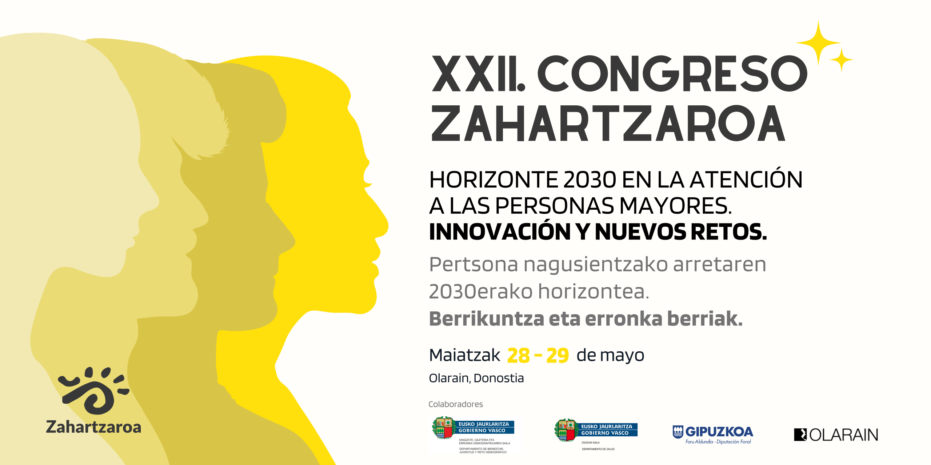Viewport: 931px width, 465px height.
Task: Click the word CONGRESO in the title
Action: tap(672, 74)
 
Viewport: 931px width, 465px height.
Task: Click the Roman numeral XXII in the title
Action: tap(478, 74)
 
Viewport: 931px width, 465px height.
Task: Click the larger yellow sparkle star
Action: tap(818, 43)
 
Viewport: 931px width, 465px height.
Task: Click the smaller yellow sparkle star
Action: tap(841, 59)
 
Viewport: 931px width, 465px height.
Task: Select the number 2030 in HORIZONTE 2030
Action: tap(590, 180)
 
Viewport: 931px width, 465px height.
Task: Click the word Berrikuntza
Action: tap(487, 319)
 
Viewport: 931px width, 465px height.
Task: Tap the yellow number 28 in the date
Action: tap(518, 356)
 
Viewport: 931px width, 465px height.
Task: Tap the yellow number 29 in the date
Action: tap(557, 356)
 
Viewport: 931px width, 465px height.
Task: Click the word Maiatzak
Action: tap(465, 355)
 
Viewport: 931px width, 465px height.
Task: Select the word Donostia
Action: tap(499, 378)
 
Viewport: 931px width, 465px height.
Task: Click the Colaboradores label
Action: tap(456, 404)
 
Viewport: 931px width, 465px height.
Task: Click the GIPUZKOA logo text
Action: tap(719, 432)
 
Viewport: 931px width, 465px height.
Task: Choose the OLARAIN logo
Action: tap(836, 435)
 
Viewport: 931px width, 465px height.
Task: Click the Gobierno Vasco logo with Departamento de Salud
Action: tap(596, 434)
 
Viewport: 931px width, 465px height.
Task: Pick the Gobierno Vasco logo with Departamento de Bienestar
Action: tap(473, 435)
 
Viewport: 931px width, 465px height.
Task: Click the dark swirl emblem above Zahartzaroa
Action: tap(94, 391)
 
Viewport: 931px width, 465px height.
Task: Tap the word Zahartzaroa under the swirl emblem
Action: tap(93, 427)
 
